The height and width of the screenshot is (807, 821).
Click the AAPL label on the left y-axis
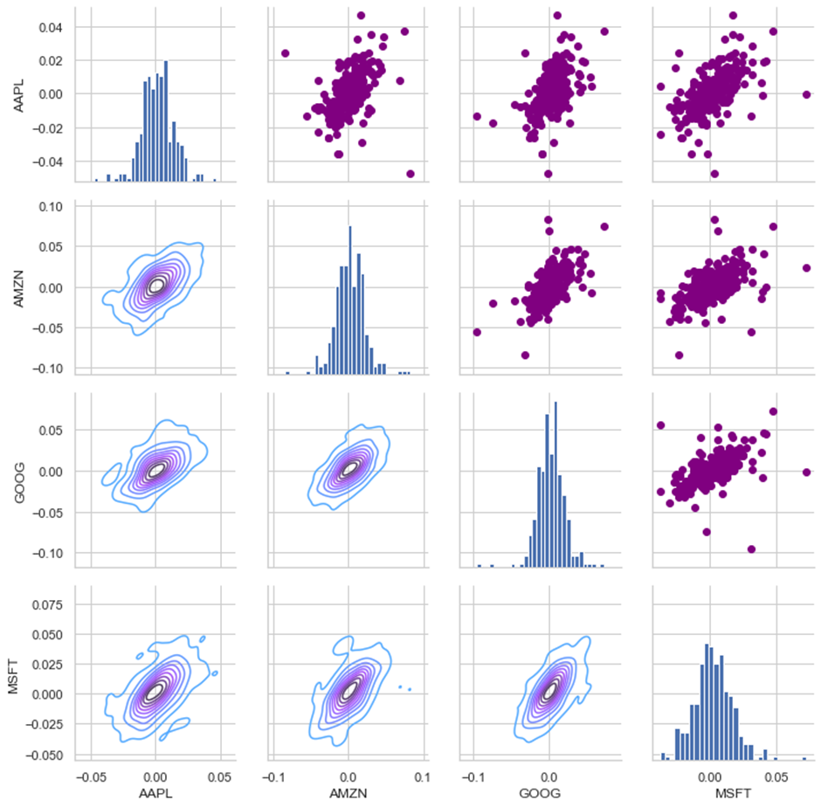[19, 96]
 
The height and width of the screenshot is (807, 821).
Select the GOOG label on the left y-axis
[19, 483]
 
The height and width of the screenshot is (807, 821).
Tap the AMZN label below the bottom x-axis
[348, 793]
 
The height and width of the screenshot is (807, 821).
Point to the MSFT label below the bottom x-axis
[733, 793]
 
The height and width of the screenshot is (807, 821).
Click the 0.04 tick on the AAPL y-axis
[51, 27]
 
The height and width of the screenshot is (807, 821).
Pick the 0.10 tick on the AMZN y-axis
[51, 207]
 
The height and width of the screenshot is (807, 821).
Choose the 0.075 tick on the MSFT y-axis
[48, 605]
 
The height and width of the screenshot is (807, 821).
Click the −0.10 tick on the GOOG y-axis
[48, 554]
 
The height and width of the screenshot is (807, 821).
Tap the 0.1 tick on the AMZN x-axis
[423, 777]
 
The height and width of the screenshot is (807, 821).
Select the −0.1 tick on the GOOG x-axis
[473, 777]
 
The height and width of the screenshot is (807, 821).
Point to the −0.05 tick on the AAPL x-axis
[91, 777]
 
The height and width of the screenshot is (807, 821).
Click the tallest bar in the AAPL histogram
[166, 121]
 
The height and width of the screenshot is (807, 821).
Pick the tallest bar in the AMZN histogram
[349, 300]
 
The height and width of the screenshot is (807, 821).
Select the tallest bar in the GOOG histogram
[555, 485]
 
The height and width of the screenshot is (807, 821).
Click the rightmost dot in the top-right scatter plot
[806, 95]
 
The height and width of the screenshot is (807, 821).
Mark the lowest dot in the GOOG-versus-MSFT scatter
[751, 549]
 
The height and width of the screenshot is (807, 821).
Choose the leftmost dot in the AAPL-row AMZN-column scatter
[286, 53]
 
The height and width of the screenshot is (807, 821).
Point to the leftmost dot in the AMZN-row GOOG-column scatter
[477, 332]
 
